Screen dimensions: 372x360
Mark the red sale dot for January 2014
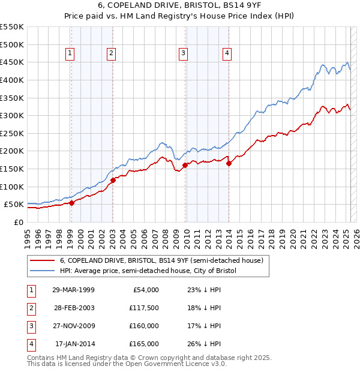[229, 163]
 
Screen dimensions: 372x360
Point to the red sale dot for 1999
[71, 203]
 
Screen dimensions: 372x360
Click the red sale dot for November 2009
[185, 165]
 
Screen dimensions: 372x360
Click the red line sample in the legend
[43, 261]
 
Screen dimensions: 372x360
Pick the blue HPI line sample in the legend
[43, 271]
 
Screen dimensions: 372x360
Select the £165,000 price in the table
[145, 344]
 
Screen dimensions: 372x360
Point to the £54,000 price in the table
[146, 290]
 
